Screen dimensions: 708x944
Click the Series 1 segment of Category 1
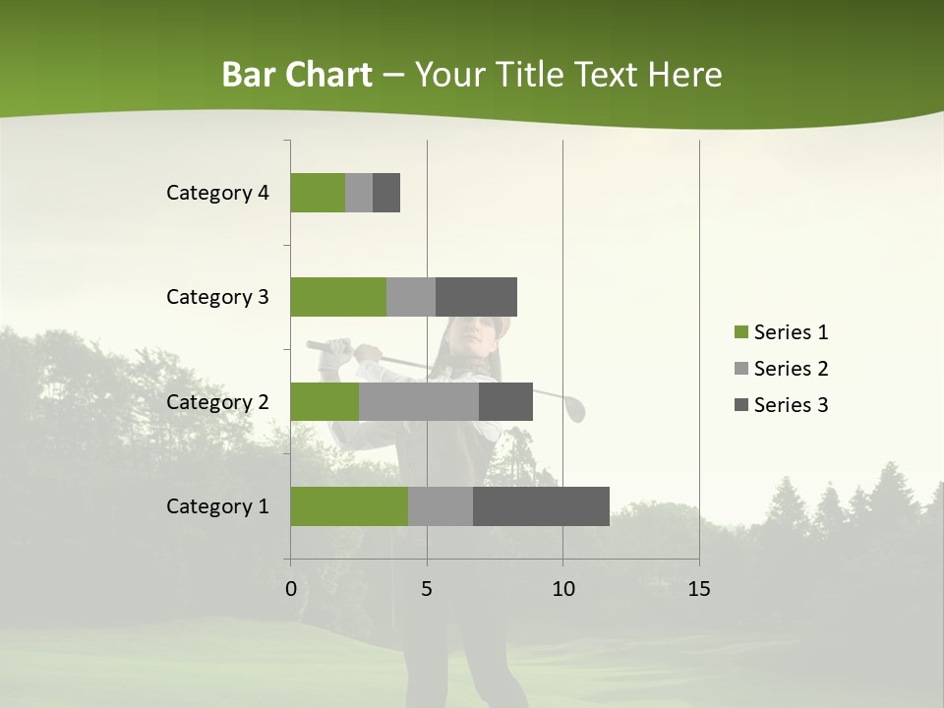(348, 506)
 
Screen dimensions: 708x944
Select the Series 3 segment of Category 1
(541, 506)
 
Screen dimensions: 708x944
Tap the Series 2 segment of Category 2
(418, 401)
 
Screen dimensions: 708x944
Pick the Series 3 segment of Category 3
(476, 297)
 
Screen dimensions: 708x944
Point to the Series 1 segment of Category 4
(317, 193)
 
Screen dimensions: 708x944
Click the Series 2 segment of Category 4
(358, 193)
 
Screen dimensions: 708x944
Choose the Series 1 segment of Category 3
(337, 297)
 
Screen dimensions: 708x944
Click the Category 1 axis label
(216, 506)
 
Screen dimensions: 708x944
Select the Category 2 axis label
(216, 401)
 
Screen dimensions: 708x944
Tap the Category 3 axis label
(216, 297)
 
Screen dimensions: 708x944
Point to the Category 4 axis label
(216, 193)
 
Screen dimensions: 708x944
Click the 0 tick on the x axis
(291, 589)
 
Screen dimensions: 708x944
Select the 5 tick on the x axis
(427, 589)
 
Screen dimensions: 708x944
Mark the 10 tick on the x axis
(562, 589)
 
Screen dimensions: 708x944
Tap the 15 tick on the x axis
(699, 589)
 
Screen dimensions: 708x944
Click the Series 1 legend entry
(781, 332)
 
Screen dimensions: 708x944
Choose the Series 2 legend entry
(781, 369)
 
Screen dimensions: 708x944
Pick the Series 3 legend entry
(781, 405)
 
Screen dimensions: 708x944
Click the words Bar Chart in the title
(296, 75)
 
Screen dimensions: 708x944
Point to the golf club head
(575, 409)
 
